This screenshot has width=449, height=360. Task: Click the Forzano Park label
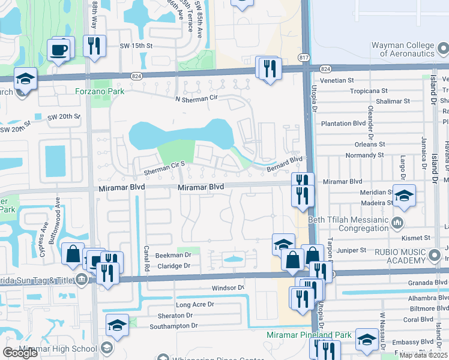click(100, 91)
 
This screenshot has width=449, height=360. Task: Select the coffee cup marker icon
click(58, 50)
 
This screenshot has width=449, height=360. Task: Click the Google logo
click(20, 353)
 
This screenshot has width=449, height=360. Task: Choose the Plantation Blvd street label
click(343, 124)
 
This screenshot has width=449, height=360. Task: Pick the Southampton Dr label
click(173, 326)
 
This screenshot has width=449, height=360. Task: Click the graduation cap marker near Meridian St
click(405, 195)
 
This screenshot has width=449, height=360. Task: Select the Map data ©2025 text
click(423, 355)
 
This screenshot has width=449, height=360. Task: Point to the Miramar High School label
click(58, 349)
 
